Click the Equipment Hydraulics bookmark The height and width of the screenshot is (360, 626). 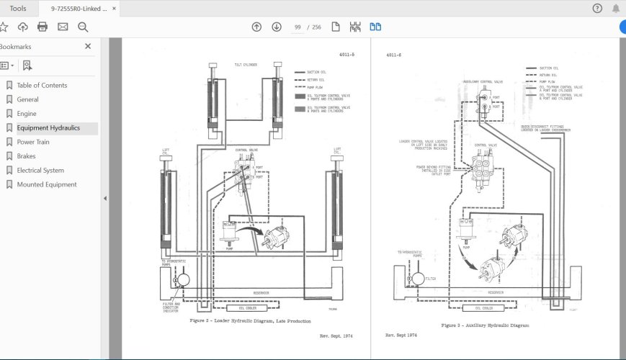[x=48, y=128]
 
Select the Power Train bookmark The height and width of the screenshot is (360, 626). [x=33, y=142]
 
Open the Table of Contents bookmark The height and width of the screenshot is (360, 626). [x=42, y=85]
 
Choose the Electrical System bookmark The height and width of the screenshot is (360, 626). [x=40, y=171]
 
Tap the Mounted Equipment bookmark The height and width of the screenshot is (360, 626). [x=46, y=184]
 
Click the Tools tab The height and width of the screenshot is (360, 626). [x=18, y=9]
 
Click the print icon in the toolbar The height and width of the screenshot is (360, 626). [x=43, y=27]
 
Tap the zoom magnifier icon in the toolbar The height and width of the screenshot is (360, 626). [x=83, y=27]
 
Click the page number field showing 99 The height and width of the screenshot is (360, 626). [x=297, y=27]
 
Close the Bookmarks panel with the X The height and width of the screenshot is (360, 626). [x=88, y=46]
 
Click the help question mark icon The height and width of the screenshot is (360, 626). [x=597, y=9]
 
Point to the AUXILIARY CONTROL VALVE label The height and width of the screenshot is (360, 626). [x=482, y=82]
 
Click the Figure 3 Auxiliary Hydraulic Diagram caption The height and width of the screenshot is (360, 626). [x=485, y=325]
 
